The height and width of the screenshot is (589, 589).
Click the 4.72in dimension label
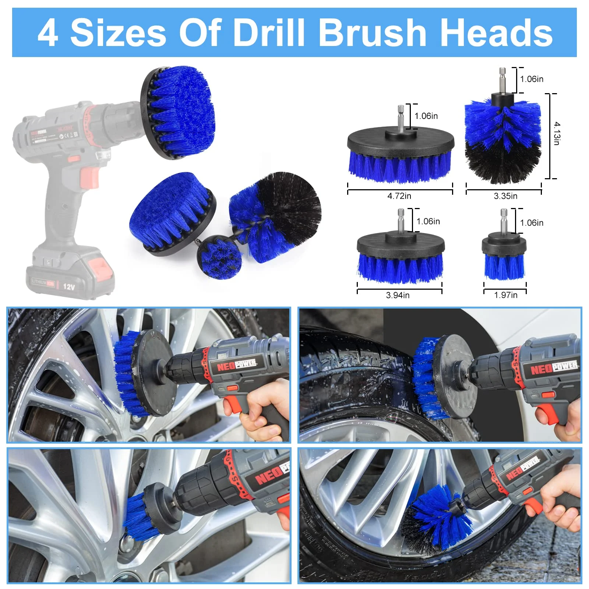[x=399, y=196]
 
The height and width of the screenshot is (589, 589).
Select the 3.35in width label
[x=505, y=196]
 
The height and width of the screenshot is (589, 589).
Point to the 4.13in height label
[x=557, y=133]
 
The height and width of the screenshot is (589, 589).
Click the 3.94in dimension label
[x=398, y=295]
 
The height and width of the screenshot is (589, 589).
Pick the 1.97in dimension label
[x=505, y=295]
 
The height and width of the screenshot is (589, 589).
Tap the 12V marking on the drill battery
[x=69, y=286]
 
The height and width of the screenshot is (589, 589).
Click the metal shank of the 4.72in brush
[x=401, y=117]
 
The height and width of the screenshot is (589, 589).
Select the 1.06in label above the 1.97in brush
[x=531, y=223]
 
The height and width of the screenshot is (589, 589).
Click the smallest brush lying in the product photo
[x=220, y=258]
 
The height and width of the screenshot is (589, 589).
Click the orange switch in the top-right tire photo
[x=548, y=395]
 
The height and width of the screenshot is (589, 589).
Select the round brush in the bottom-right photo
[x=438, y=515]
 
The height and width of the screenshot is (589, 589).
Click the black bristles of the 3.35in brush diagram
[x=502, y=164]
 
